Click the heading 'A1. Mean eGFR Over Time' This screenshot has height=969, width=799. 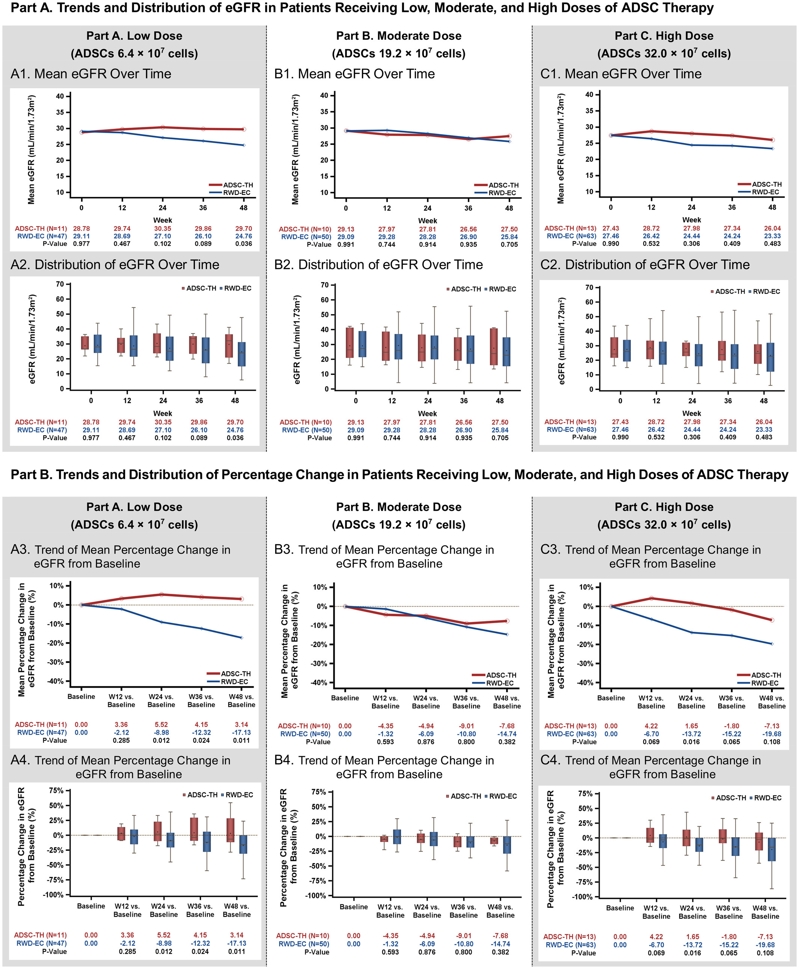pos(90,74)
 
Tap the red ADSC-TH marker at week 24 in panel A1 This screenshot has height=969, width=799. pos(163,127)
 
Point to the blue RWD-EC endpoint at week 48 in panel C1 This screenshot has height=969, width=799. pos(772,149)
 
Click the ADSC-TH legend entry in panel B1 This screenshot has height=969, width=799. pos(503,185)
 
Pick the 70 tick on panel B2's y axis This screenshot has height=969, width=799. pos(324,285)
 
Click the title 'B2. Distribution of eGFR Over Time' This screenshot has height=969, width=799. pos(378,265)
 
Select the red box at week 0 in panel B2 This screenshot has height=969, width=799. pos(350,343)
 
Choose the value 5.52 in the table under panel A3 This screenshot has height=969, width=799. pos(161,724)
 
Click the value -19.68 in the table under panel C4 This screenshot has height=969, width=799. pos(765,945)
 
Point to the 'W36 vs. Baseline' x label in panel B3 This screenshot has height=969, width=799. pos(466,702)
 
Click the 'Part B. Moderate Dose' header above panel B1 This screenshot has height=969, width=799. pos(399,36)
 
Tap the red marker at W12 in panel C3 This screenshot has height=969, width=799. pos(651,598)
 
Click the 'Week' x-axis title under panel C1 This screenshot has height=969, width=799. pos(691,220)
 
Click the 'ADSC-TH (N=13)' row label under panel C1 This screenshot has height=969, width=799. pos(570,228)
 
